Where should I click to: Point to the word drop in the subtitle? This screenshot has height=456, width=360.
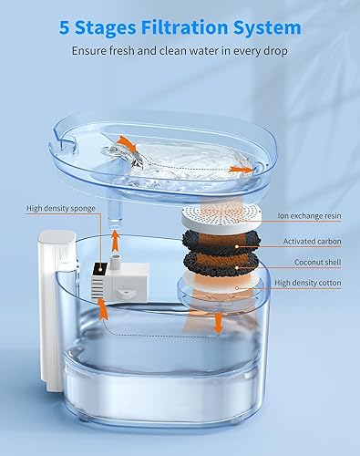(x=273, y=51)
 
